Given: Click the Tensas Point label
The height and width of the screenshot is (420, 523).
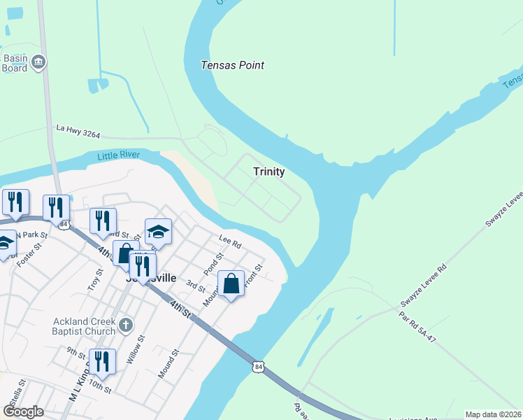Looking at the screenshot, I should (232, 65).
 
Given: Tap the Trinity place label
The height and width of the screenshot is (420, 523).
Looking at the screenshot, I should (268, 171).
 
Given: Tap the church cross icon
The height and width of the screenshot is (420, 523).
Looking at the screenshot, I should (125, 324).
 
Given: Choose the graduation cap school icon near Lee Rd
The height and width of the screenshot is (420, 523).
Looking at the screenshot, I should (158, 232).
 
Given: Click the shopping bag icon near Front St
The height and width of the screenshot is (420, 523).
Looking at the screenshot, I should (231, 283).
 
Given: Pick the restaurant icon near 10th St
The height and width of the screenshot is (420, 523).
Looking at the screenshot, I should (102, 361).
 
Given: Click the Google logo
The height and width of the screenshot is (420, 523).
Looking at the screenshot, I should (23, 412).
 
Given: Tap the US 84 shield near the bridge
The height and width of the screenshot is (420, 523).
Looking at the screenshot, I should (259, 366).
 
